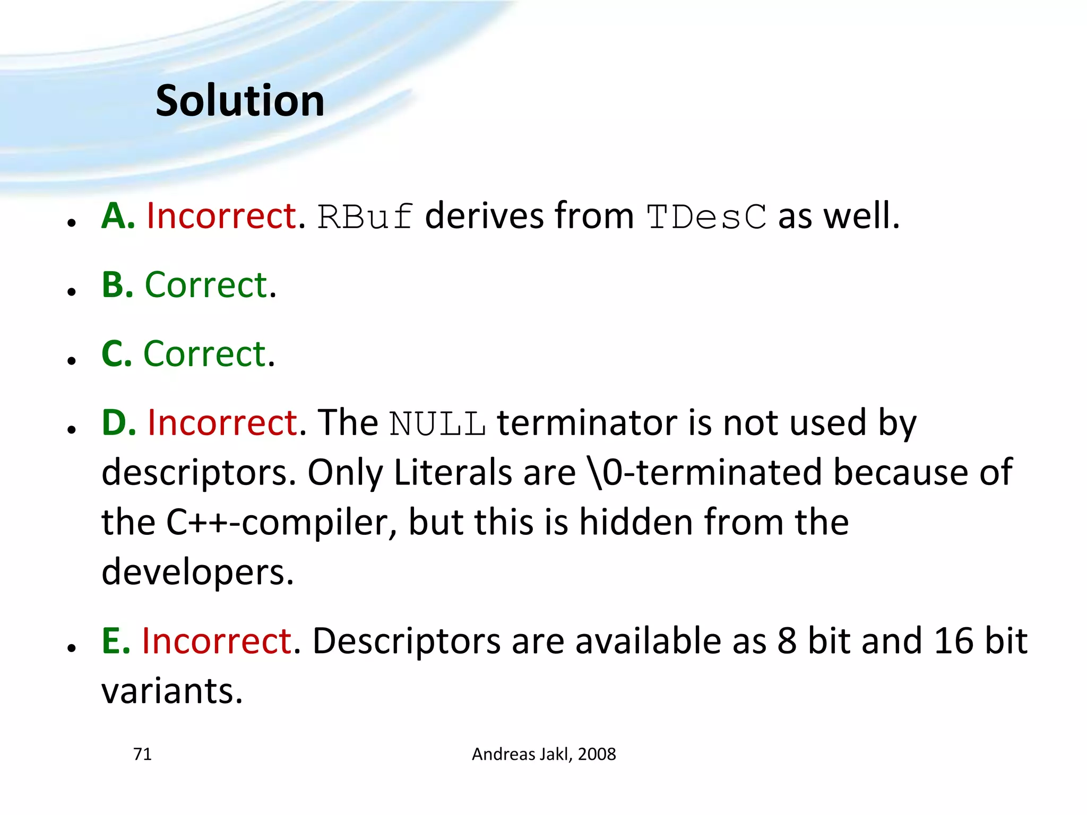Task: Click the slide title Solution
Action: coord(240,101)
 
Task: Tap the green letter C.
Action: coord(116,354)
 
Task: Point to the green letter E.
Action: coord(116,640)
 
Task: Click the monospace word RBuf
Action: coord(365,217)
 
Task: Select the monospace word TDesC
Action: coord(706,217)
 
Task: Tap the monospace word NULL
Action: coord(437,424)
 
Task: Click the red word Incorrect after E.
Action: coord(217,640)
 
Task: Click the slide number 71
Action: coord(142,754)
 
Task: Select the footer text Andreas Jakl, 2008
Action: coord(543,754)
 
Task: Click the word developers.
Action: coord(197,572)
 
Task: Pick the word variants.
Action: coord(172,691)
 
